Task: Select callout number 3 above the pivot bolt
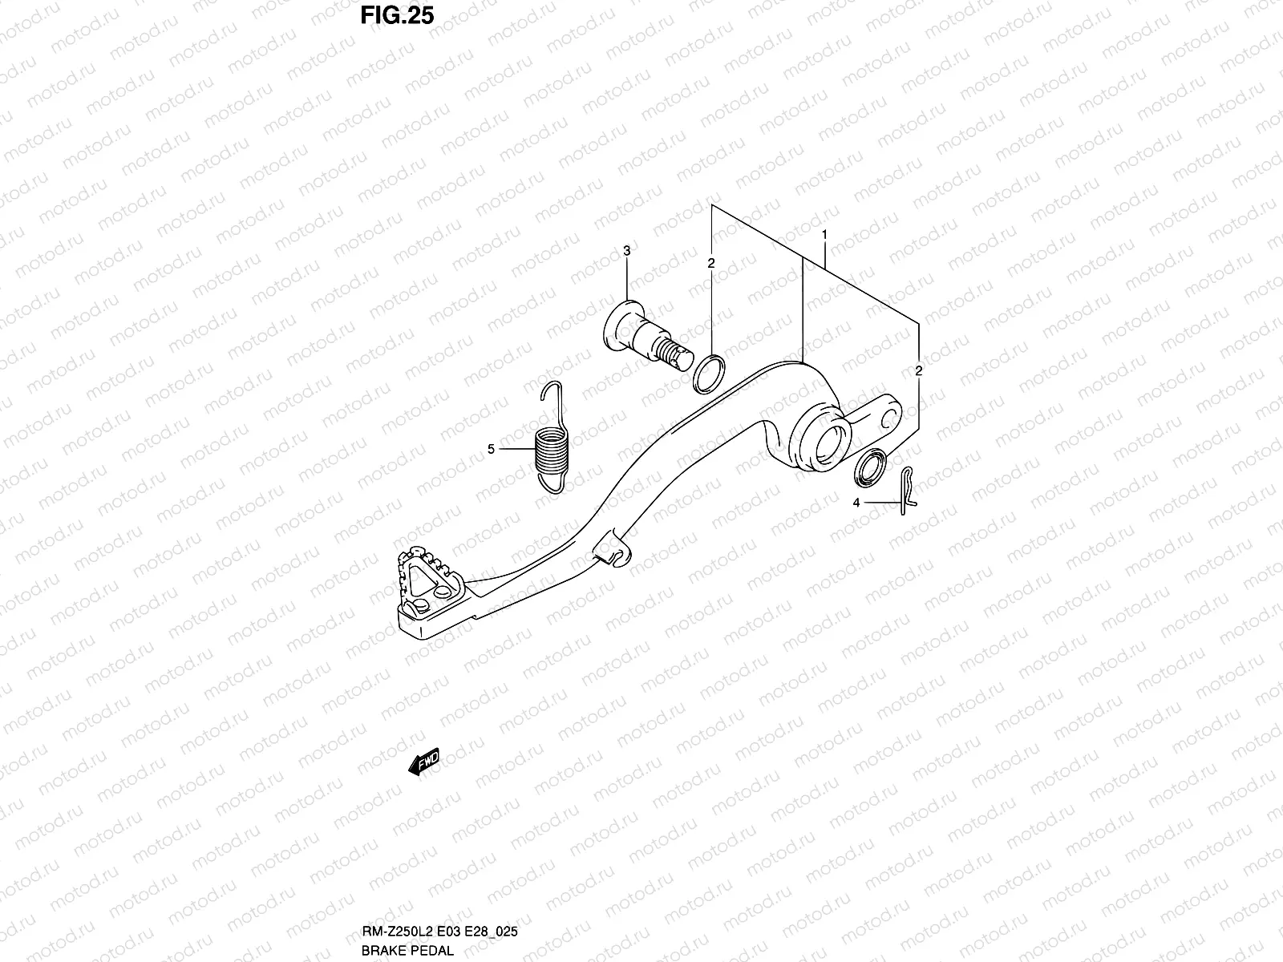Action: [627, 251]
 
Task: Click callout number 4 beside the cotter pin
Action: [856, 503]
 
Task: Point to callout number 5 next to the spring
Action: [492, 449]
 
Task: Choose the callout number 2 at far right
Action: [919, 370]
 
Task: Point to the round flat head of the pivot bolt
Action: [617, 325]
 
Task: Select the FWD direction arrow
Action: [424, 761]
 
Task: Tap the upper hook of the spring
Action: [548, 394]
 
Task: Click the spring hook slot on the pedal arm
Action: [611, 552]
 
